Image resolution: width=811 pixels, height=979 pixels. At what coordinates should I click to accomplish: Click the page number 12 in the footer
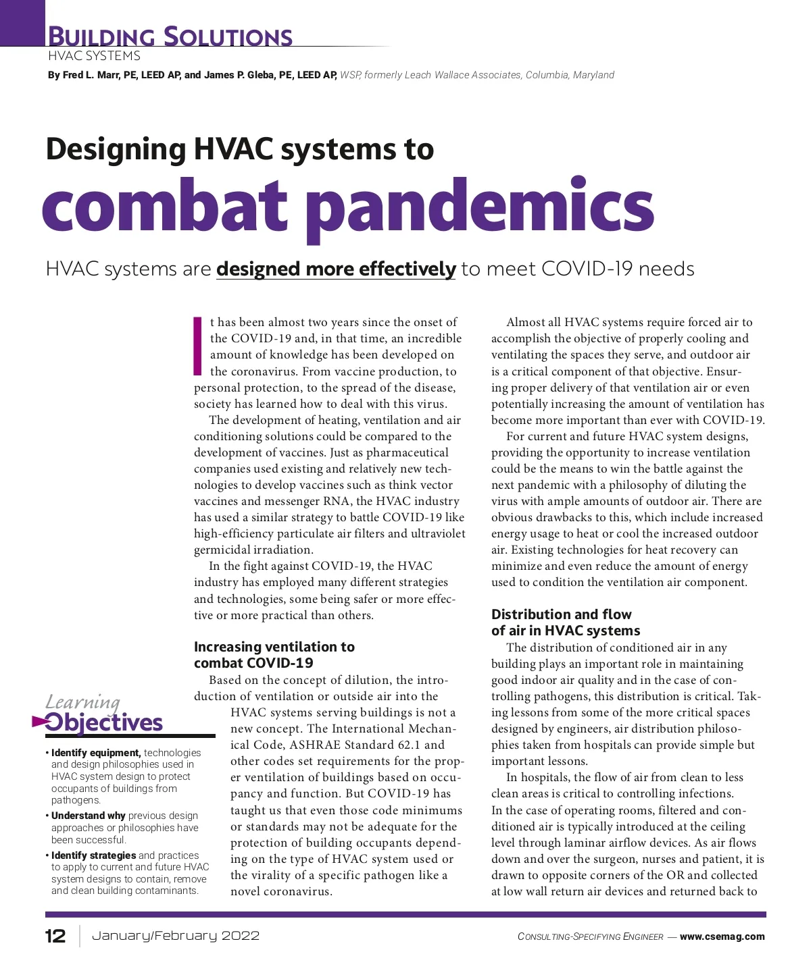coord(55,936)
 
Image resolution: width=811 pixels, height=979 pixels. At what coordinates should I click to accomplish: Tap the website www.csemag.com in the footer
coord(722,936)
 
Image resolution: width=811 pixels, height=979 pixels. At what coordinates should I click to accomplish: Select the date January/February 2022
coord(176,936)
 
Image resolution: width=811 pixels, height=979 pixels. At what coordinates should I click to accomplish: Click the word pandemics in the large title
coord(480,207)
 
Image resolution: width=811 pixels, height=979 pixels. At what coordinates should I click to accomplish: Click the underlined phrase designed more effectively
coord(336,269)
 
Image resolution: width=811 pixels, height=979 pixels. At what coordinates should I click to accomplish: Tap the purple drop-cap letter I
coord(198,345)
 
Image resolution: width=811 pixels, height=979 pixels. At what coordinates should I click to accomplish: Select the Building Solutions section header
coord(171,36)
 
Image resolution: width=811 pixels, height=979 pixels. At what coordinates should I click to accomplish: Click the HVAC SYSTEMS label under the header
coord(94,56)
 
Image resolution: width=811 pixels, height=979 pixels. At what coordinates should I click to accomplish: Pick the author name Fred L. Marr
coord(91,75)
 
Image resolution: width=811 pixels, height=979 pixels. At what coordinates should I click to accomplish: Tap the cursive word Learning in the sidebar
coord(82,702)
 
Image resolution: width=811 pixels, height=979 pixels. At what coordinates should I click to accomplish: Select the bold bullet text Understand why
coord(88,816)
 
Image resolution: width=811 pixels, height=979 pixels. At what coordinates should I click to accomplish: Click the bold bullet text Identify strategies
coord(93,855)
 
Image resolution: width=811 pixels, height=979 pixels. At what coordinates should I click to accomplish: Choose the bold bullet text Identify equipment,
coord(96,753)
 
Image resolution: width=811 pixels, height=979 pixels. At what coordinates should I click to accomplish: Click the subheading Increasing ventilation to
coord(274,647)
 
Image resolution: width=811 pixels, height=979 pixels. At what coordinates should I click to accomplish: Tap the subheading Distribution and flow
coord(561,614)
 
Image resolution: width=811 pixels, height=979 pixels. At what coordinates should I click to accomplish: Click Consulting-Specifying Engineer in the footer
coord(590,937)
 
